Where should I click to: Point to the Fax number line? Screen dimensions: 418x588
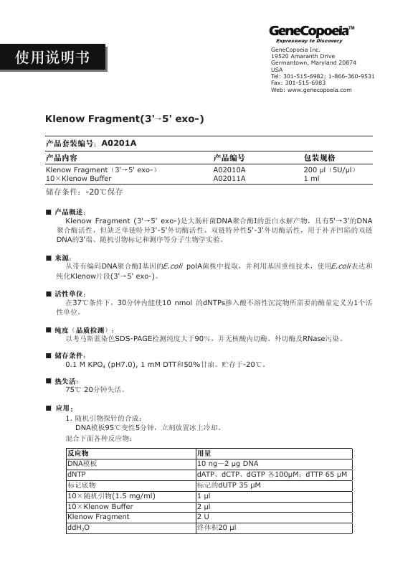click(298, 83)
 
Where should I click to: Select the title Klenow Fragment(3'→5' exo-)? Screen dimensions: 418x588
click(124, 118)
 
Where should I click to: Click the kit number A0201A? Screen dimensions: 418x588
click(119, 143)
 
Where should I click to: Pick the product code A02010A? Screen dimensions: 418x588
click(229, 169)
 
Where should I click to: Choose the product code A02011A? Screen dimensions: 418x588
click(229, 177)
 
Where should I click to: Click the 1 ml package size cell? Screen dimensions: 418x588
click(311, 177)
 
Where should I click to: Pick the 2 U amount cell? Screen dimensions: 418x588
click(202, 516)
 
